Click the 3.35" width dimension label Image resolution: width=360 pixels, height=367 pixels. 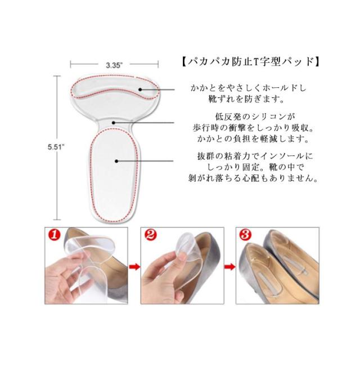click(x=114, y=65)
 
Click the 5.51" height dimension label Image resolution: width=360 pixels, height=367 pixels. click(x=56, y=147)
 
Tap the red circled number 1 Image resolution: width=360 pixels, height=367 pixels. click(x=54, y=235)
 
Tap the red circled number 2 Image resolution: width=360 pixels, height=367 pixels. click(x=150, y=235)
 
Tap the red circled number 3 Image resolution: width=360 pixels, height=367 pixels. click(x=245, y=234)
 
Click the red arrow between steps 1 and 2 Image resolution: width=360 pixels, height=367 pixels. click(x=134, y=267)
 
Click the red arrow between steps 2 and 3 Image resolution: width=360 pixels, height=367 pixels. click(x=229, y=267)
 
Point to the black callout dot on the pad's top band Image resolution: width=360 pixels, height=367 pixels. click(x=140, y=89)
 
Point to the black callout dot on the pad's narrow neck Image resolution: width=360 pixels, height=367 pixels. click(x=114, y=123)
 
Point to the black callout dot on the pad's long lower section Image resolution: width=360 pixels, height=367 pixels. click(x=116, y=161)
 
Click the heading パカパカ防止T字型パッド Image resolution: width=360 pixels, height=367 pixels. click(x=251, y=62)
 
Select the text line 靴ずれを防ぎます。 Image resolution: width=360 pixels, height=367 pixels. click(x=246, y=99)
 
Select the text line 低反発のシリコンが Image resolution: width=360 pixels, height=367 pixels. click(x=255, y=117)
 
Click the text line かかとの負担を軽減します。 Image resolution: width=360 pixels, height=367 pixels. click(x=253, y=139)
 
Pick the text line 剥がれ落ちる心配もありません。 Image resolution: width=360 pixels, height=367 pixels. click(x=253, y=178)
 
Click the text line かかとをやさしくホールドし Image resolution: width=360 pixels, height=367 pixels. click(x=249, y=88)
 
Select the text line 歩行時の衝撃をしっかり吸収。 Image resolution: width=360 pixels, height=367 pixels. click(x=253, y=128)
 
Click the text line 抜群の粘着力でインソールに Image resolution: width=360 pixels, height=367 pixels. click(x=255, y=156)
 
